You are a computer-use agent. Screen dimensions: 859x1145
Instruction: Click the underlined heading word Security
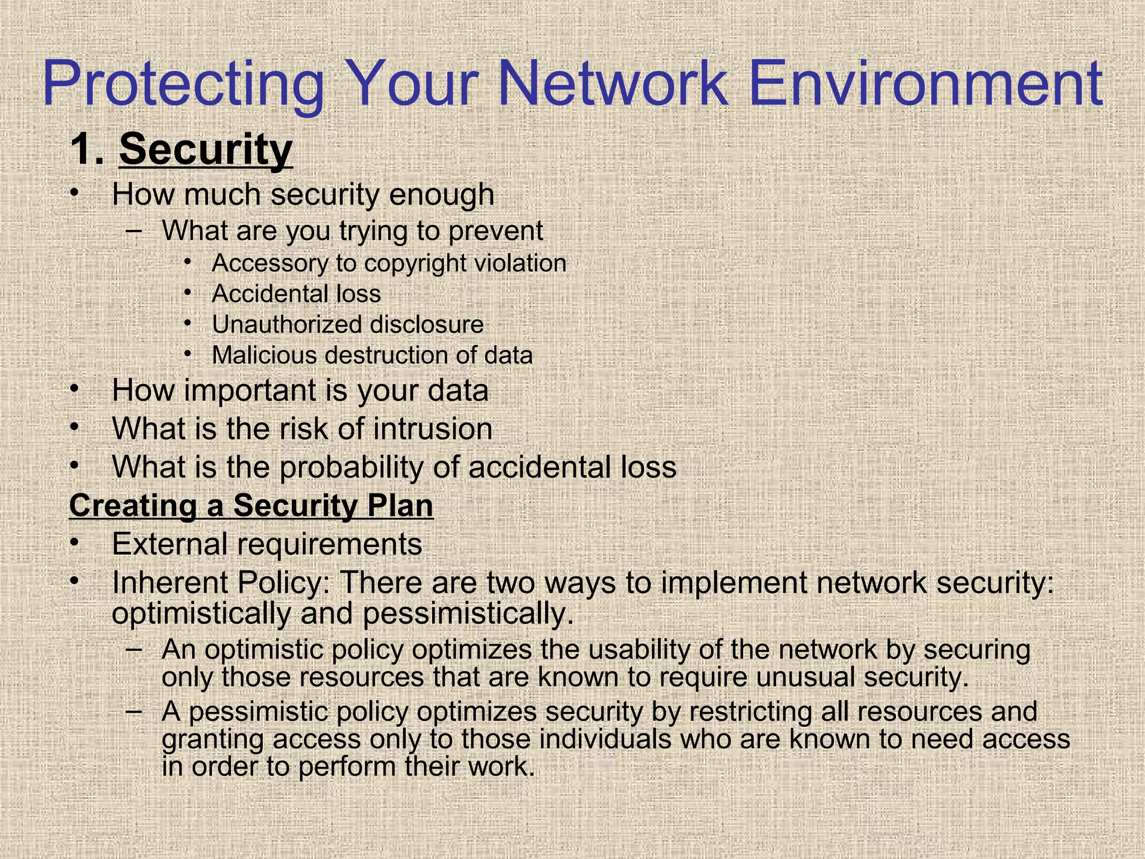pos(206,149)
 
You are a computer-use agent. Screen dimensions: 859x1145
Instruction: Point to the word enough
pos(442,195)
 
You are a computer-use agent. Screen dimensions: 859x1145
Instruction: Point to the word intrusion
pos(433,429)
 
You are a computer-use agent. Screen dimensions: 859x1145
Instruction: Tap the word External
pos(170,544)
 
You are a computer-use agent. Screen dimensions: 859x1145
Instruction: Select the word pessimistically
pos(468,614)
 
